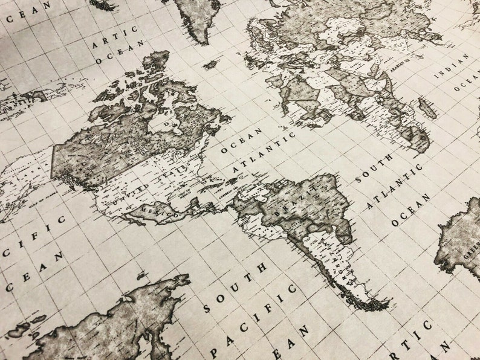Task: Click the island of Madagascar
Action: [x=427, y=109]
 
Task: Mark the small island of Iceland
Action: [x=210, y=63]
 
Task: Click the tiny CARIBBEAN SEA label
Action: [x=232, y=198]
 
